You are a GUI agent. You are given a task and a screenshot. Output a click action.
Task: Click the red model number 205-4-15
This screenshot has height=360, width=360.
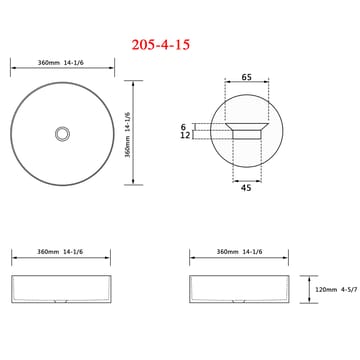[161, 45]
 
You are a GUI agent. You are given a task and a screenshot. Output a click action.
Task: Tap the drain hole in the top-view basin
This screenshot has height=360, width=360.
[62, 134]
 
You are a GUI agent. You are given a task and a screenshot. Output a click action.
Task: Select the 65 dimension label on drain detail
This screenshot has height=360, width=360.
[246, 77]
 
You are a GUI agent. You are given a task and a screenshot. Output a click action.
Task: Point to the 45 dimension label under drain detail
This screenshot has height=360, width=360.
[246, 188]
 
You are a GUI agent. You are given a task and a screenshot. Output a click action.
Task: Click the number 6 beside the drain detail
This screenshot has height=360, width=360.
[183, 127]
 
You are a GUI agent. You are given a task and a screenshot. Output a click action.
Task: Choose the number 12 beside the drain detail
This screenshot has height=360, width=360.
[185, 135]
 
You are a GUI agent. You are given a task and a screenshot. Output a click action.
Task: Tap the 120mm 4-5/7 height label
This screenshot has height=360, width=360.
[336, 290]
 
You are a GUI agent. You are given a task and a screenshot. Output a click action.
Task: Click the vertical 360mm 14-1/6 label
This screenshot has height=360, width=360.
[128, 135]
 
